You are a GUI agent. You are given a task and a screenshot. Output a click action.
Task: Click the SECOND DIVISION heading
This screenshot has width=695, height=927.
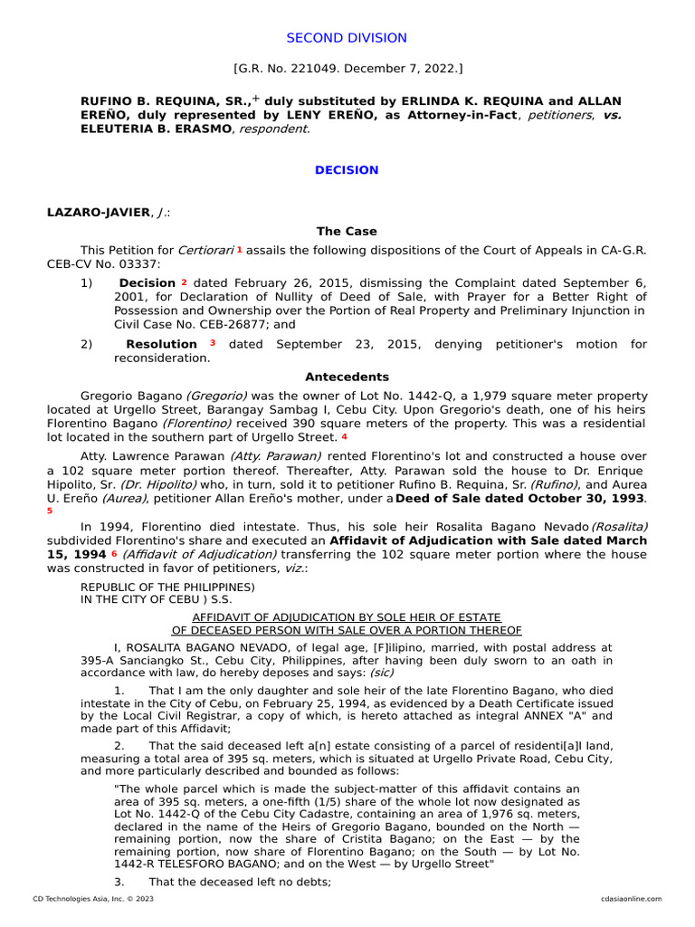coord(347,38)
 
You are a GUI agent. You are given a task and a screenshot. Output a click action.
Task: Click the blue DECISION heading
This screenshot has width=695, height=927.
coord(347,170)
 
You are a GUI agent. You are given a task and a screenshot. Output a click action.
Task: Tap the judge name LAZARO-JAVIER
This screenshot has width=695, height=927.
coord(98,212)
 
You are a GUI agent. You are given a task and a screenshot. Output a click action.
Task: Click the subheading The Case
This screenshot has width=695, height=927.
coord(347,232)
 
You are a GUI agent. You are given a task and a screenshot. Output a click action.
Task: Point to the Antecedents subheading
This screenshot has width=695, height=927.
coord(347,377)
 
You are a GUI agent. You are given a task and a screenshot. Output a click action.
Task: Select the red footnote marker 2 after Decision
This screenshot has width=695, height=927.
coord(184,282)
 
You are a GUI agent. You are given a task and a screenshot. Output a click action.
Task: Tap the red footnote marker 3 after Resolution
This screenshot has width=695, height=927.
coord(213,343)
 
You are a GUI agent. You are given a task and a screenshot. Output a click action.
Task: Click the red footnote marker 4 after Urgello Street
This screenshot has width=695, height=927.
coord(344,437)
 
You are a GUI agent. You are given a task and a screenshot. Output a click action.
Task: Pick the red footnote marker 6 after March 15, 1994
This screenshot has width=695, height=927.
coord(114,552)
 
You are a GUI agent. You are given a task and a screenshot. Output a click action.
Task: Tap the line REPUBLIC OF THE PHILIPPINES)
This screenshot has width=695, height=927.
coord(167,587)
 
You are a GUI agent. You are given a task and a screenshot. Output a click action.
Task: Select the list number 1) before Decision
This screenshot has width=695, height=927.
coord(87,283)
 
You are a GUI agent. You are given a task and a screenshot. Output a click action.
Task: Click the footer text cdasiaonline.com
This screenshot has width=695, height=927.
coord(631,899)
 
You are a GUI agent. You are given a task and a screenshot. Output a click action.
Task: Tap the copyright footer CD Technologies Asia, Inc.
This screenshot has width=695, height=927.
coord(93,899)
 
